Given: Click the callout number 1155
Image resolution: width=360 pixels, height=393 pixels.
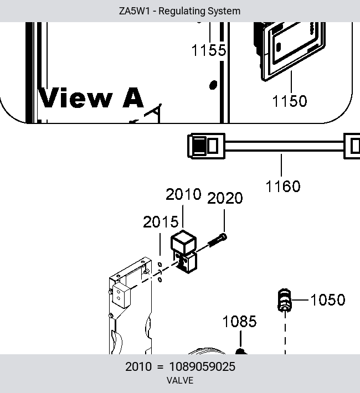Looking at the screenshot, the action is coord(209,50).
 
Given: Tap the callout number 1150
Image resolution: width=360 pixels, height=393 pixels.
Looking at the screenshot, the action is coord(290,101).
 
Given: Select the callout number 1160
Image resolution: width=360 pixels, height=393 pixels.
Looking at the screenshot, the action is coord(282,187).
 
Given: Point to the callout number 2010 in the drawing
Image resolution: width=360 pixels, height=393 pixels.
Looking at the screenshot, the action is coord(183,194).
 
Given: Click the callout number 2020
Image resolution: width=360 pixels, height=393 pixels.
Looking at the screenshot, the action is coord(225,198).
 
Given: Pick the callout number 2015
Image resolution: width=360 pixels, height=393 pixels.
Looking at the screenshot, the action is coord(161,222).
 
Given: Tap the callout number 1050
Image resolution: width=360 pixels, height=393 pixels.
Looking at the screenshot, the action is coord(328,300).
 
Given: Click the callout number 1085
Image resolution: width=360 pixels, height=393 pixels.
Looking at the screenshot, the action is coord(240,321).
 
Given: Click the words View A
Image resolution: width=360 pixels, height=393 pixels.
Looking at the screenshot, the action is coord(91,97).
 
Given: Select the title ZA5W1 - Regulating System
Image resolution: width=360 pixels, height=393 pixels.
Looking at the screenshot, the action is coord(179,11).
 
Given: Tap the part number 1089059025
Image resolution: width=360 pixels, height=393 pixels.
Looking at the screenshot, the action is coord(202,366).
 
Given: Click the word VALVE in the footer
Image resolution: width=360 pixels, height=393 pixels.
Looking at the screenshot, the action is coord(180,380).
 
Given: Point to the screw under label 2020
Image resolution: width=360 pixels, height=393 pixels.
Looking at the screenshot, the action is coord(217,240).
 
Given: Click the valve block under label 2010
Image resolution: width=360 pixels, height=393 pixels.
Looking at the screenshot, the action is coord(184,252).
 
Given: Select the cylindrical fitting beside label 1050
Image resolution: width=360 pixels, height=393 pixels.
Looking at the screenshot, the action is coord(285,300).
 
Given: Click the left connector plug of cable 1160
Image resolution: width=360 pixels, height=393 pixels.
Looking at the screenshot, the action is coord(206,146).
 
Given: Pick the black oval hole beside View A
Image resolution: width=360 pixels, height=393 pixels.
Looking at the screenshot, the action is coord(213,85).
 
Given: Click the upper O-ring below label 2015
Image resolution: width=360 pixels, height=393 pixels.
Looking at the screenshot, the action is coord(160,265).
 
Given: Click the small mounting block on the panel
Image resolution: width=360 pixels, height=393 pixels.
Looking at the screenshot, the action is coord(121,296).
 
